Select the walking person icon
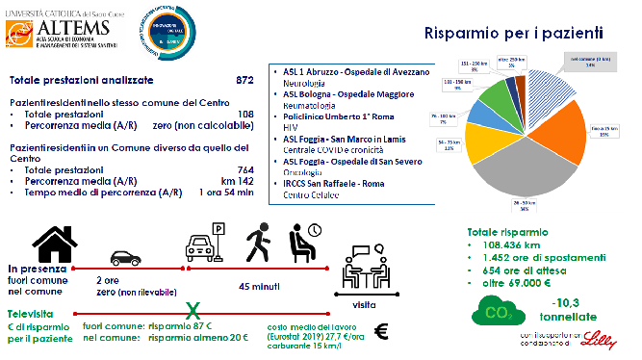pyautogui.click(x=257, y=237)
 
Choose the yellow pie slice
pyautogui.click(x=501, y=156)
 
